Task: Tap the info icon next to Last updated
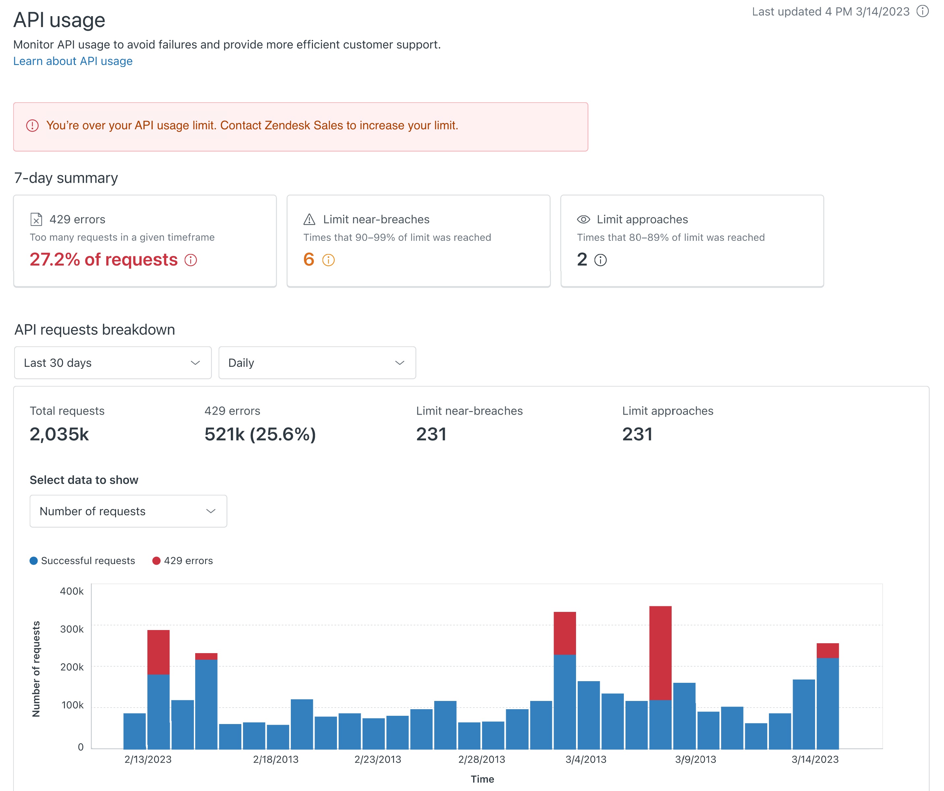pyautogui.click(x=923, y=11)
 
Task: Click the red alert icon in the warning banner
pyautogui.click(x=32, y=125)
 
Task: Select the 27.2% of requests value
pyautogui.click(x=104, y=260)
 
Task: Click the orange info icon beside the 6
pyautogui.click(x=329, y=260)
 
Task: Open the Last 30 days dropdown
pyautogui.click(x=112, y=363)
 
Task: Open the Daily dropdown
pyautogui.click(x=317, y=363)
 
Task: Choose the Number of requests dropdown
pyautogui.click(x=128, y=511)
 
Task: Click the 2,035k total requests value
pyautogui.click(x=59, y=434)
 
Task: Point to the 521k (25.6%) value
pyautogui.click(x=260, y=434)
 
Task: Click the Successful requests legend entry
pyautogui.click(x=83, y=561)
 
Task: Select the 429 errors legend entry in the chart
pyautogui.click(x=183, y=561)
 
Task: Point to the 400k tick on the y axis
pyautogui.click(x=72, y=591)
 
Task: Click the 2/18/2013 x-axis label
pyautogui.click(x=276, y=760)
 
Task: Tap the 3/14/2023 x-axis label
pyautogui.click(x=815, y=760)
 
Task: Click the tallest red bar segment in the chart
pyautogui.click(x=660, y=653)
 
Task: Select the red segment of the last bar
pyautogui.click(x=828, y=651)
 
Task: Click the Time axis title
pyautogui.click(x=482, y=779)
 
